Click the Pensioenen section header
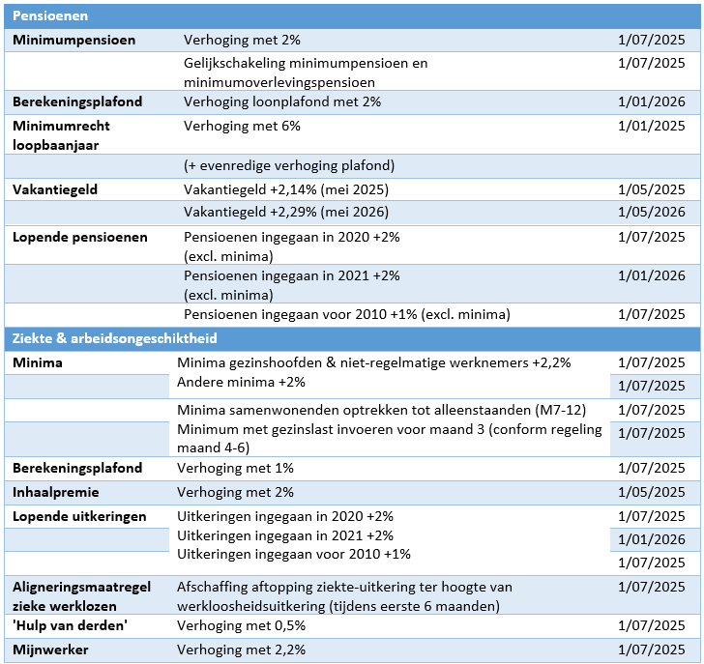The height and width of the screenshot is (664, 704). pos(51,16)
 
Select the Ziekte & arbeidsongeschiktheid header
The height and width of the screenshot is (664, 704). pos(114,338)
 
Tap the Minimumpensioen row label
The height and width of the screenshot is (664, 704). pos(73,40)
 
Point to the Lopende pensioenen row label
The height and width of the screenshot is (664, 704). pos(79,237)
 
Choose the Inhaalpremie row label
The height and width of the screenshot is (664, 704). pos(57,492)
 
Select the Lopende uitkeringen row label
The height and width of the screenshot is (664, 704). pos(79,516)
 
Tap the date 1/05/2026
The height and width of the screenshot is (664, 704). pos(650,213)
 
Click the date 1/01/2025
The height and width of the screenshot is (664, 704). pos(650,126)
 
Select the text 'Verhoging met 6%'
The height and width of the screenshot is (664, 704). pos(242,126)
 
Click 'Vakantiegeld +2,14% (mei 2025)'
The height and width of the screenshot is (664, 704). pos(280,189)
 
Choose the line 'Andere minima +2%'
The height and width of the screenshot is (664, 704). pos(241,382)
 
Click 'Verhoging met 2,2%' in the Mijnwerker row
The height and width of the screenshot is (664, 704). pos(242,650)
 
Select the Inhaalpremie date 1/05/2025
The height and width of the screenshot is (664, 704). pos(650,492)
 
